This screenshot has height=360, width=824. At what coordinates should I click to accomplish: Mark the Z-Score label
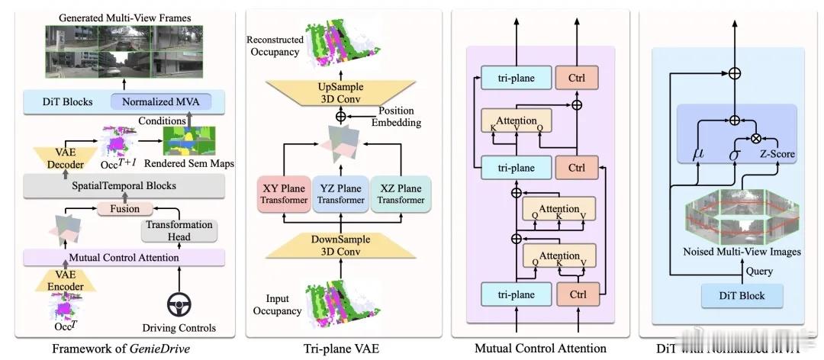click(777, 153)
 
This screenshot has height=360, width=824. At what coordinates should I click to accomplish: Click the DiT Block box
click(732, 295)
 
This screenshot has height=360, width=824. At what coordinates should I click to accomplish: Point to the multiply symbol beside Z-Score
click(756, 139)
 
